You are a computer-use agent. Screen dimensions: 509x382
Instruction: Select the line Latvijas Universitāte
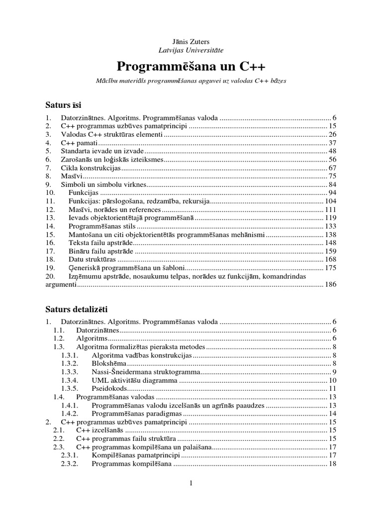point(191,50)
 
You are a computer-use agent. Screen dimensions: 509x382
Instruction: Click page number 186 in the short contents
point(331,285)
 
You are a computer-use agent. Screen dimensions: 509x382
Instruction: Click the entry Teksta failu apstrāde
point(101,243)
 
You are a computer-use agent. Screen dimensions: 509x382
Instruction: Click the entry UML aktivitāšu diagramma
point(135,380)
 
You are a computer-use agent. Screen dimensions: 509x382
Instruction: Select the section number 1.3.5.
point(70,389)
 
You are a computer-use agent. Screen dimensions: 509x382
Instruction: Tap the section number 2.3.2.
point(70,464)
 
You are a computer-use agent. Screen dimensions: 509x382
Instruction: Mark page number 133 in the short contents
point(331,226)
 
